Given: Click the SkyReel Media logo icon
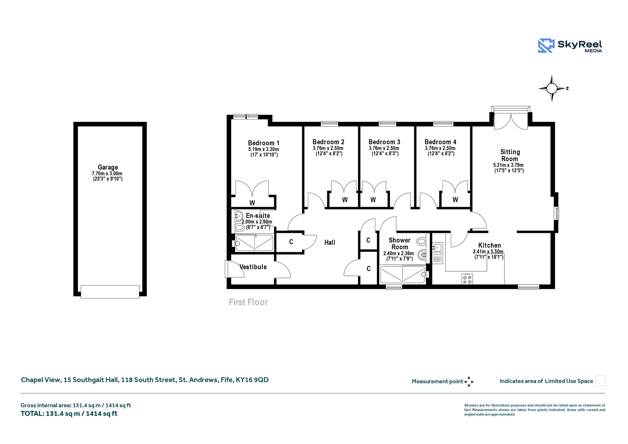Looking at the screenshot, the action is click(x=546, y=46).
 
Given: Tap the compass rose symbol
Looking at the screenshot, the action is click(x=552, y=89).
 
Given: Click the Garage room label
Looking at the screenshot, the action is click(x=108, y=167).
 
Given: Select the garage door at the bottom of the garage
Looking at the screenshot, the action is click(x=110, y=291).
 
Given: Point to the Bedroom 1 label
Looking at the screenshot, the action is click(x=264, y=143).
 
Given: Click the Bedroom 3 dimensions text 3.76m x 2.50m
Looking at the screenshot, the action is click(x=384, y=148).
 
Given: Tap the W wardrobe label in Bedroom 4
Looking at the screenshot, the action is click(x=455, y=200).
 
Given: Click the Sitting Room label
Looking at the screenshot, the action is click(x=510, y=155).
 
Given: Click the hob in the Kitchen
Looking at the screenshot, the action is click(x=467, y=279).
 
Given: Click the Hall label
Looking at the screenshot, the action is click(x=330, y=242).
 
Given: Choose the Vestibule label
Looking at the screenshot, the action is click(x=253, y=267).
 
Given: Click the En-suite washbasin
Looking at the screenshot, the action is click(x=239, y=216).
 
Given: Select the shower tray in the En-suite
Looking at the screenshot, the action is click(x=254, y=243).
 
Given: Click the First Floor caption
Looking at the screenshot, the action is click(x=248, y=302).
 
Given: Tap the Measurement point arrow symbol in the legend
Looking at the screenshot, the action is click(x=469, y=382).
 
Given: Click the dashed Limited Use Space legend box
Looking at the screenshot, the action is click(x=600, y=380).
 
